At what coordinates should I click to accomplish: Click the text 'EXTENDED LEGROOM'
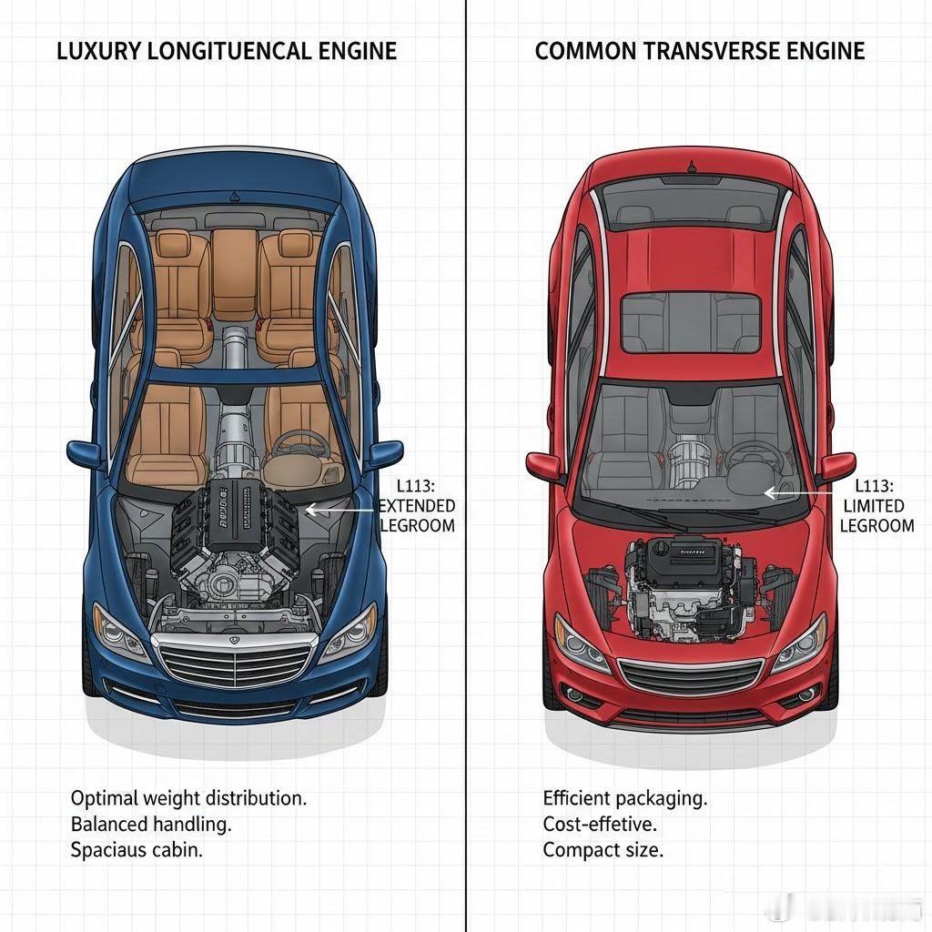click(x=417, y=515)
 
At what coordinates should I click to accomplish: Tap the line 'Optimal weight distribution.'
click(x=188, y=798)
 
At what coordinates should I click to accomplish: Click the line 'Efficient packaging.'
click(x=624, y=798)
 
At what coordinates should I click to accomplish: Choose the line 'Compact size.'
click(x=603, y=850)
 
